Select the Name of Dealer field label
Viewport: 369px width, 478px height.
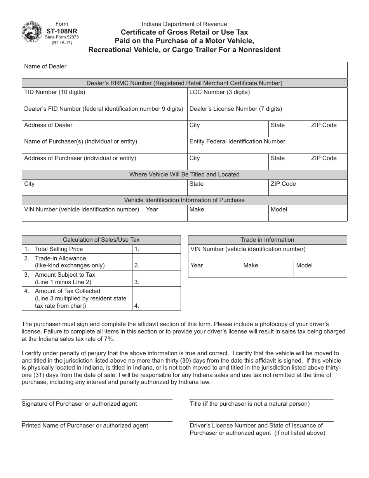pyautogui.click(x=45, y=66)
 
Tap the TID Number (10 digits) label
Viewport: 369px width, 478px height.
pyautogui.click(x=54, y=92)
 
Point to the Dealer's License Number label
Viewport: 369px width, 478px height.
pyautogui.click(x=235, y=109)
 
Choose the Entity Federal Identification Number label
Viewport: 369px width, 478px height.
pyautogui.click(x=237, y=141)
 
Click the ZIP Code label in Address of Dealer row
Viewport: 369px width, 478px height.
pyautogui.click(x=324, y=125)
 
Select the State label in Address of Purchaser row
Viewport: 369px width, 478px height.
pyautogui.click(x=277, y=158)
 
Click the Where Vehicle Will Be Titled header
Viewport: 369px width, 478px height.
pyautogui.click(x=184, y=174)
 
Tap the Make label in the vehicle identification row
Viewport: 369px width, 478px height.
pyautogui.click(x=197, y=209)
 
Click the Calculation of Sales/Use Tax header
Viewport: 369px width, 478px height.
pyautogui.click(x=101, y=240)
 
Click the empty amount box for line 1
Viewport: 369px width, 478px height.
pyautogui.click(x=161, y=249)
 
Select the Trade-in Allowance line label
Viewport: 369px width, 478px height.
pyautogui.click(x=60, y=258)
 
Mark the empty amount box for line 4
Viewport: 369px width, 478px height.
pyautogui.click(x=161, y=298)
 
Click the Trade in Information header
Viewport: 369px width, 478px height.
pyautogui.click(x=267, y=240)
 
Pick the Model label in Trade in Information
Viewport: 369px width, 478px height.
pyautogui.click(x=304, y=265)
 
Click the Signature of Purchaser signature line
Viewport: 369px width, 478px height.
pyautogui.click(x=97, y=399)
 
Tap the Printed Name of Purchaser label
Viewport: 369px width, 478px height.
pyautogui.click(x=85, y=426)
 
